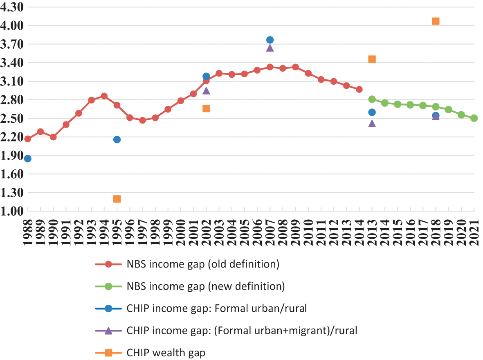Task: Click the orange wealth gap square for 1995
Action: (x=117, y=199)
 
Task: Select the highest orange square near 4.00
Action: (x=436, y=21)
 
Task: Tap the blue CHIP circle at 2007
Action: (x=270, y=40)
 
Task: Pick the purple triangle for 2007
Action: (x=270, y=48)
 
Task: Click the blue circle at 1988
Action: (x=28, y=159)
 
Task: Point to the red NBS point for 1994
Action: (x=104, y=96)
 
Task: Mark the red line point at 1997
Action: (x=142, y=120)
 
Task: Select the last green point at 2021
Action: (x=474, y=118)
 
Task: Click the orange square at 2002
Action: (x=206, y=108)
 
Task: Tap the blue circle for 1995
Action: (x=117, y=139)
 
